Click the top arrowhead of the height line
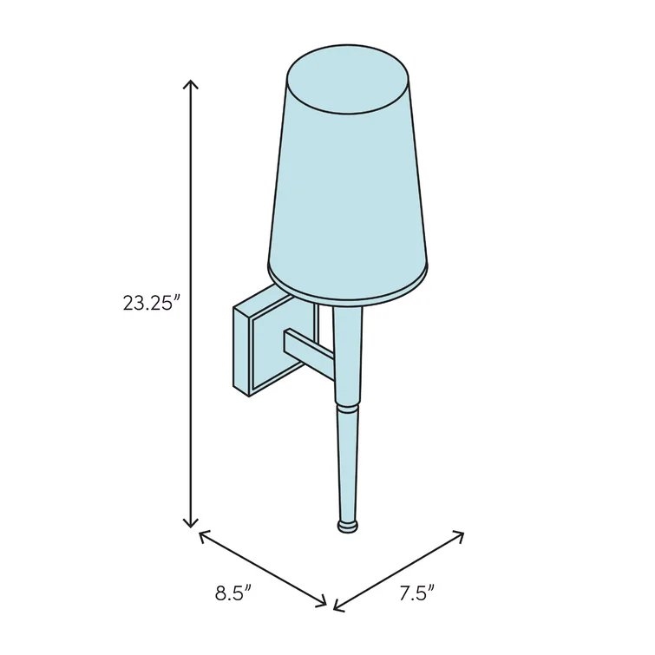[x=191, y=83]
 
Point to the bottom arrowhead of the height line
[x=191, y=523]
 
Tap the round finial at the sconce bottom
[x=347, y=526]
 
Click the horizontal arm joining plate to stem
[x=308, y=350]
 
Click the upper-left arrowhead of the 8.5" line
[x=203, y=536]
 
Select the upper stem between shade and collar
[x=347, y=356]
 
